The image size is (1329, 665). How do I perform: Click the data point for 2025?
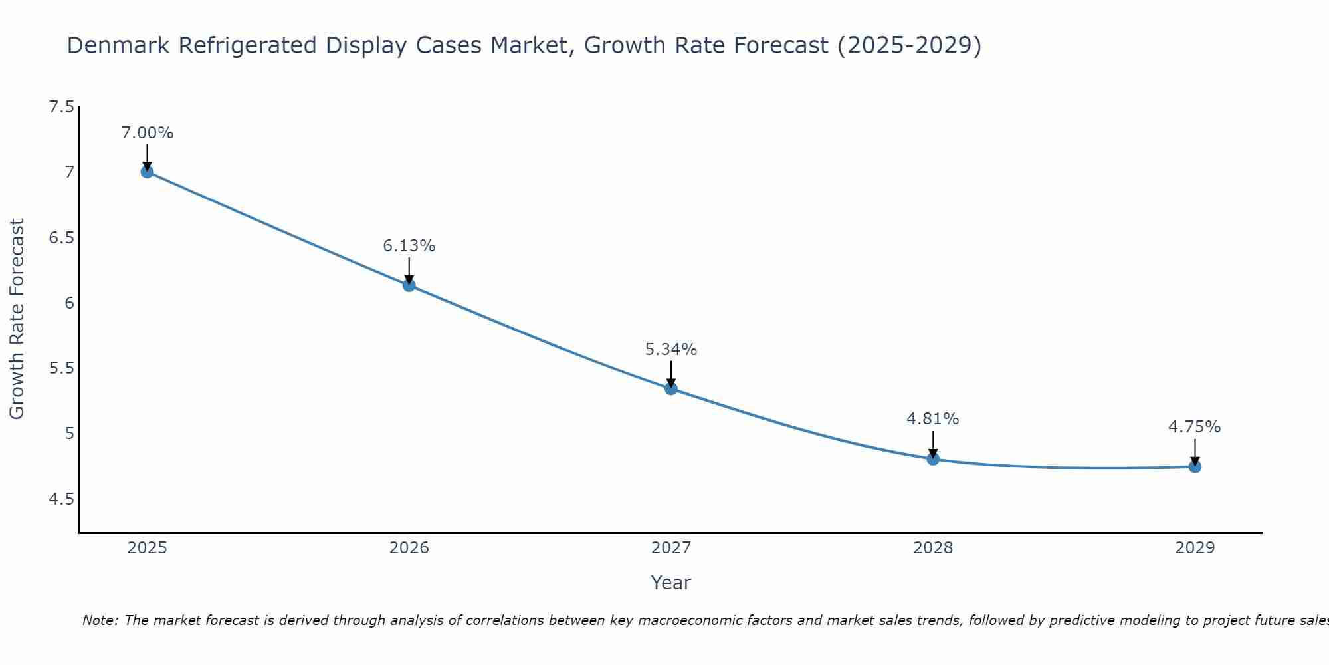pyautogui.click(x=148, y=172)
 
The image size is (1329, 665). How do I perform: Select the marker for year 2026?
pyautogui.click(x=409, y=285)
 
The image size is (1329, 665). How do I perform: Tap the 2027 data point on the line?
pyautogui.click(x=671, y=388)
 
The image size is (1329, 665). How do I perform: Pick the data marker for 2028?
pyautogui.click(x=933, y=458)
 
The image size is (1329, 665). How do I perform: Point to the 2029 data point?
pyautogui.click(x=1195, y=466)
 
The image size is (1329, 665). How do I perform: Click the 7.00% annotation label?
pyautogui.click(x=148, y=133)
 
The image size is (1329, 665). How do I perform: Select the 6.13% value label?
pyautogui.click(x=409, y=246)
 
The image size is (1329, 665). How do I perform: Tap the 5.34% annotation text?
pyautogui.click(x=671, y=350)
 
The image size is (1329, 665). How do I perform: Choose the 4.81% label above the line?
pyautogui.click(x=933, y=419)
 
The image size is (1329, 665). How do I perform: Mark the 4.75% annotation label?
pyautogui.click(x=1195, y=427)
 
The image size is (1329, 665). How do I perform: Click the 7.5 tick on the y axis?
pyautogui.click(x=62, y=107)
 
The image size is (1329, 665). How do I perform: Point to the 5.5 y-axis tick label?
pyautogui.click(x=62, y=368)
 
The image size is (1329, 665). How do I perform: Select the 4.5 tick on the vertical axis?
pyautogui.click(x=62, y=499)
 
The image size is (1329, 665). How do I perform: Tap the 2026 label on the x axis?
pyautogui.click(x=409, y=548)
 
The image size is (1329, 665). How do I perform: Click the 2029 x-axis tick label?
pyautogui.click(x=1195, y=548)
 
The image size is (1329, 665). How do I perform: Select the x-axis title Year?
pyautogui.click(x=671, y=583)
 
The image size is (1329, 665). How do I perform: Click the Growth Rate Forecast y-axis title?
pyautogui.click(x=17, y=319)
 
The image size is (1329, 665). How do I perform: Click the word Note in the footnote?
pyautogui.click(x=100, y=621)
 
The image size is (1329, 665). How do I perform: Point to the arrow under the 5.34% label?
pyautogui.click(x=671, y=373)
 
